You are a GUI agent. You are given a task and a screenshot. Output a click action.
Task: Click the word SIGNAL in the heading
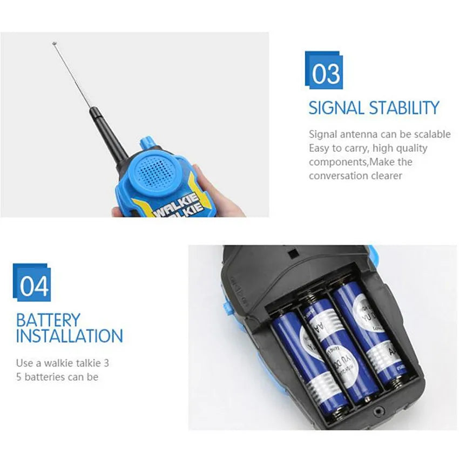tap(336, 108)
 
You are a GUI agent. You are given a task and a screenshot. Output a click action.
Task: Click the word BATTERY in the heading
tap(48, 320)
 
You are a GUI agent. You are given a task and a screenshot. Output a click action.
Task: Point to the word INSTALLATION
tap(69, 336)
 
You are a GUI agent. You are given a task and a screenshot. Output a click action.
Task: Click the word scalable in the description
tap(432, 134)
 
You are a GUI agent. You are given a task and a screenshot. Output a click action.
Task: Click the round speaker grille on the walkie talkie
tap(157, 171)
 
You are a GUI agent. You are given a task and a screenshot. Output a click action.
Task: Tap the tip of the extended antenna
tap(54, 43)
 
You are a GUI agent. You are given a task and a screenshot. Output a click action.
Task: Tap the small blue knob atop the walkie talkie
tap(145, 143)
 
